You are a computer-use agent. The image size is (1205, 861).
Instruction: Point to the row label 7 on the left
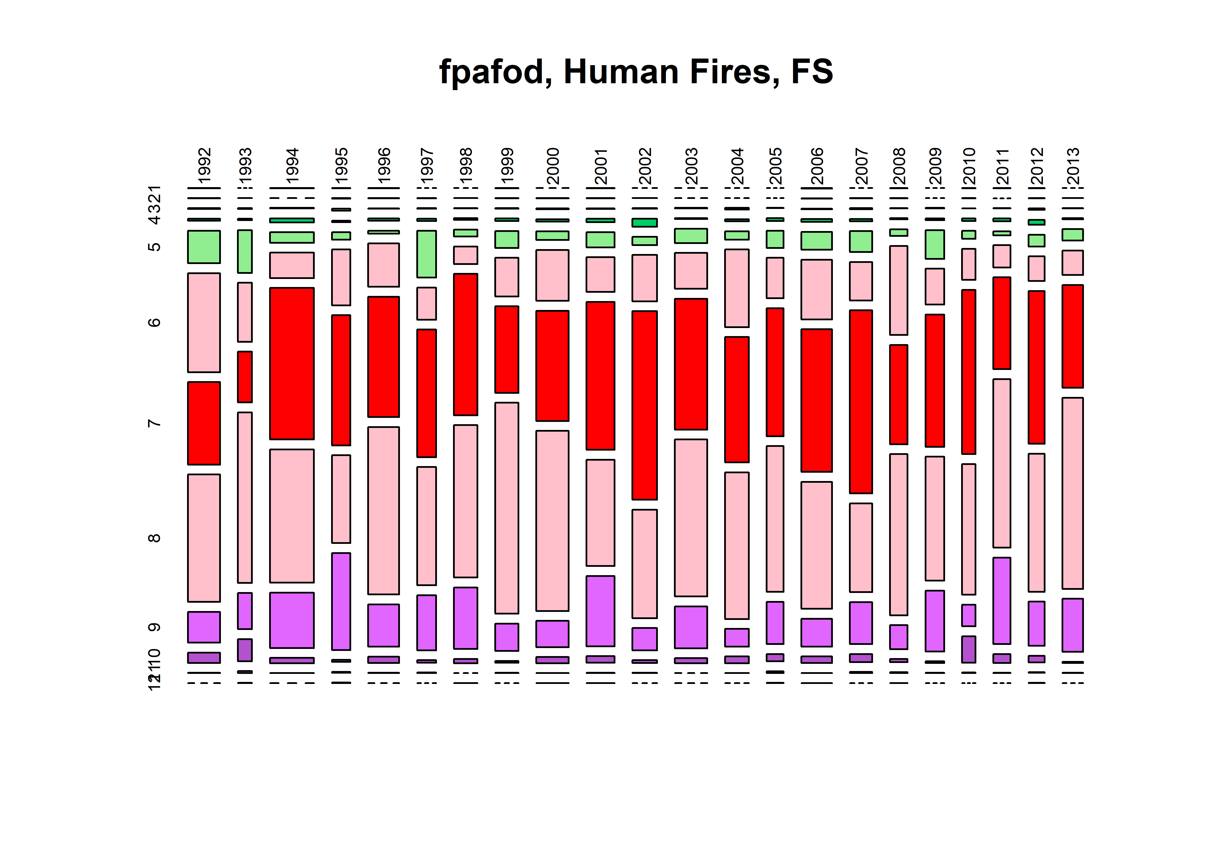click(154, 423)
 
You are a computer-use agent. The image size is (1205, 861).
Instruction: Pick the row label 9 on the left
click(154, 627)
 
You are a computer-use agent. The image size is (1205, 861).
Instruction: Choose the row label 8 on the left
click(154, 538)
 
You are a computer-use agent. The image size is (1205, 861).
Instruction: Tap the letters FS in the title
click(811, 72)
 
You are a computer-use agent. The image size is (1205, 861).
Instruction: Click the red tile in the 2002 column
click(644, 405)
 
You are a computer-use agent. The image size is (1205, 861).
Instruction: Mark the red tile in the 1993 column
click(245, 377)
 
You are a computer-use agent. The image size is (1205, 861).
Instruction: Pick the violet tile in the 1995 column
click(341, 601)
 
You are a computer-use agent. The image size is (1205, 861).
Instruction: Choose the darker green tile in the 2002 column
click(644, 223)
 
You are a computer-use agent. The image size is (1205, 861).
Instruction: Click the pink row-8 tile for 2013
click(1072, 493)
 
